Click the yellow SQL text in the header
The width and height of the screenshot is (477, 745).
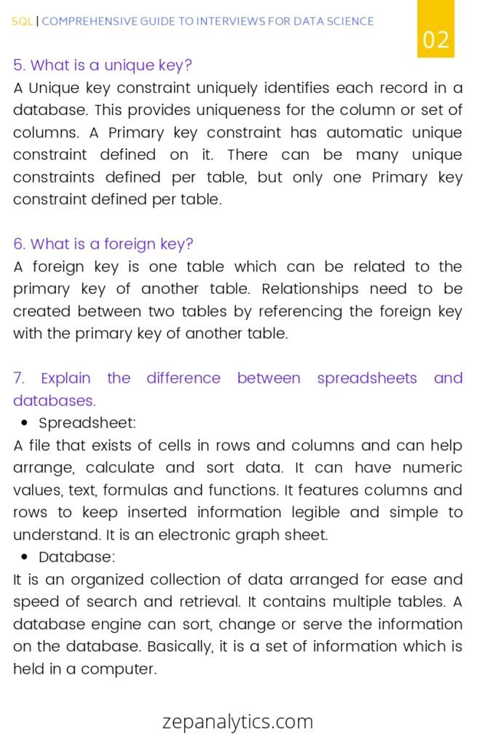pyautogui.click(x=22, y=22)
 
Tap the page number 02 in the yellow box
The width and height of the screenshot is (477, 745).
pyautogui.click(x=436, y=39)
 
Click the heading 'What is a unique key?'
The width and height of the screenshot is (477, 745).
pyautogui.click(x=103, y=65)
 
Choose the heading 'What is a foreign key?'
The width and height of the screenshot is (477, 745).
pyautogui.click(x=103, y=244)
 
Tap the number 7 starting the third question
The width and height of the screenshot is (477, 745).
pyautogui.click(x=18, y=378)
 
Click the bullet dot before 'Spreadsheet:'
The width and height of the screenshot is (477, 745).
pyautogui.click(x=25, y=423)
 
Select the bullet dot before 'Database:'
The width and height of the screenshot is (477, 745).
pyautogui.click(x=25, y=557)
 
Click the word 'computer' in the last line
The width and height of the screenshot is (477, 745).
pyautogui.click(x=118, y=669)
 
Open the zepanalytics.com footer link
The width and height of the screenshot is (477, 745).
pyautogui.click(x=238, y=721)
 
